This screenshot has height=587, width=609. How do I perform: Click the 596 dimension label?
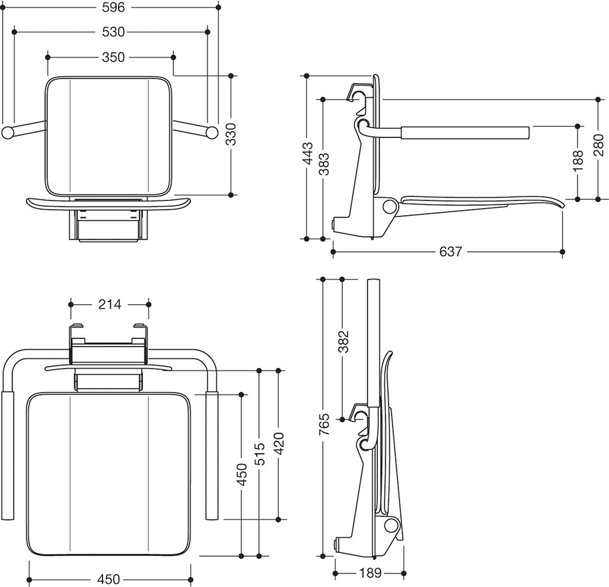[113, 7]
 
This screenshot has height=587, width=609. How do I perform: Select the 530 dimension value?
[113, 32]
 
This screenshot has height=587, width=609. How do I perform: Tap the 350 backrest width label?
[113, 57]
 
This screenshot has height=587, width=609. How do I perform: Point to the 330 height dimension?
[231, 134]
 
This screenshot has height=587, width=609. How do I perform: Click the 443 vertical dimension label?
[308, 153]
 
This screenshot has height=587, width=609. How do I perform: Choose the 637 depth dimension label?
[451, 251]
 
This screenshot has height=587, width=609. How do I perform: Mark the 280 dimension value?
[599, 145]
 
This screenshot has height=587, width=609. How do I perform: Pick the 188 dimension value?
[578, 160]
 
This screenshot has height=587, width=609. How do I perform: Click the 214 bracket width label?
[110, 304]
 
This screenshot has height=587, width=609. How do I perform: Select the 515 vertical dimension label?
[260, 454]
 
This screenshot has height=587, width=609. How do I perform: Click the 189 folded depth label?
[370, 573]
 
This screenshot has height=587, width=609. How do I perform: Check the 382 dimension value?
[343, 342]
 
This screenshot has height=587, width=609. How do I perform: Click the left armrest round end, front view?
[8, 132]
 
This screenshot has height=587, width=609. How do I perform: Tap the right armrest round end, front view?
[211, 132]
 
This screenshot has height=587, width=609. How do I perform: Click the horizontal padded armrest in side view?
[465, 132]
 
